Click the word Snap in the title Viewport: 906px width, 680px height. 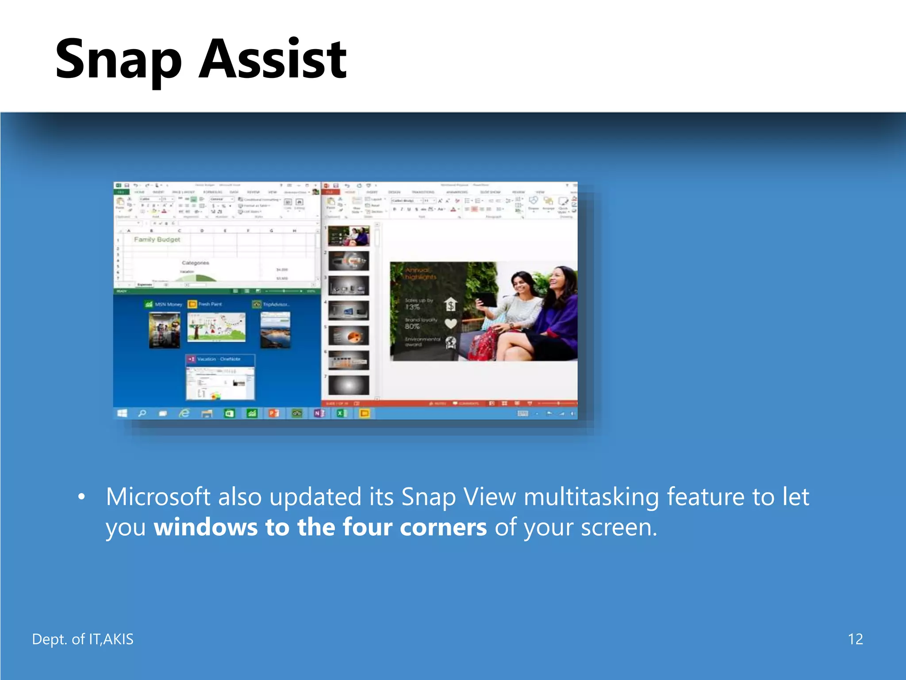coord(119,60)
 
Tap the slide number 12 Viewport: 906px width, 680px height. coord(855,639)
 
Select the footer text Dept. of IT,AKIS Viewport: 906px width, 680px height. coord(83,639)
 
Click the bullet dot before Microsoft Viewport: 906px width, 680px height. coord(81,497)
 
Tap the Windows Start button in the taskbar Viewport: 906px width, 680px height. coord(122,413)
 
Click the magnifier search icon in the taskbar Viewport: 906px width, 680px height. coord(142,413)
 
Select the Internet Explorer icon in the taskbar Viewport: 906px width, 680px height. coord(184,413)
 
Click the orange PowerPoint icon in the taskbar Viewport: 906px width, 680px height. coord(274,413)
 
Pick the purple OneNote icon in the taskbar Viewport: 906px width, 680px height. coord(319,413)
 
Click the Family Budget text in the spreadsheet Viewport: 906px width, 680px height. coord(157,239)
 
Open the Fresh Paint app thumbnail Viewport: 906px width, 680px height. coord(216,327)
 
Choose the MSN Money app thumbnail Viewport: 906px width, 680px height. coord(164,330)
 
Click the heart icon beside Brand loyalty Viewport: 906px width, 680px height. coord(450,324)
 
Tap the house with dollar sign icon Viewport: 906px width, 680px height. coord(450,305)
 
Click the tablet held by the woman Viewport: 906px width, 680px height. coord(487,300)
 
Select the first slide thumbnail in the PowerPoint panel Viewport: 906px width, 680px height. coord(349,236)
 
